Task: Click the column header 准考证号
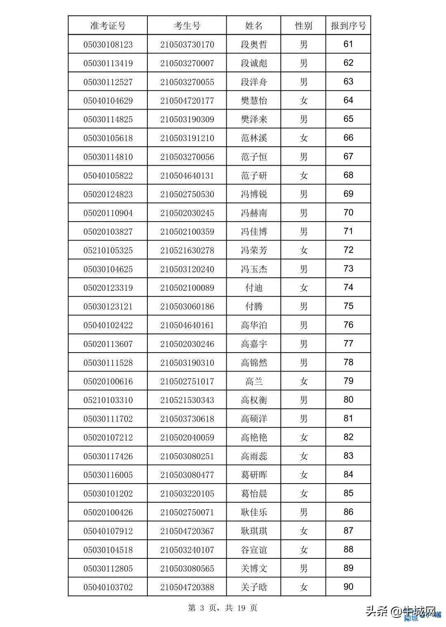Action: click(x=108, y=26)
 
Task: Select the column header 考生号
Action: click(x=187, y=26)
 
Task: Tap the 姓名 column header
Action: click(x=254, y=26)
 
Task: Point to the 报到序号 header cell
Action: click(x=348, y=26)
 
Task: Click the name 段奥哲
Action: click(x=254, y=44)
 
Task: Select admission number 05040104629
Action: click(x=108, y=100)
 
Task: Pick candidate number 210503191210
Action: click(x=187, y=138)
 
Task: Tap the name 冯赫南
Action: click(x=254, y=213)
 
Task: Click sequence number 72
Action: click(x=348, y=250)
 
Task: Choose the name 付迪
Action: click(x=254, y=288)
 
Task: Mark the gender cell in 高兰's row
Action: click(x=304, y=381)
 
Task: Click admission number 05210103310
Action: click(x=108, y=400)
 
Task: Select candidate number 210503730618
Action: click(x=187, y=419)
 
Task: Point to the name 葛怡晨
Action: click(x=254, y=493)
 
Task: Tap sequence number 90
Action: click(x=348, y=587)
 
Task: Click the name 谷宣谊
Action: click(x=254, y=550)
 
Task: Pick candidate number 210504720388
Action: click(x=187, y=587)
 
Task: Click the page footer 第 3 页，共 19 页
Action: click(x=223, y=608)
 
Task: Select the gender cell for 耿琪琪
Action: click(x=304, y=531)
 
